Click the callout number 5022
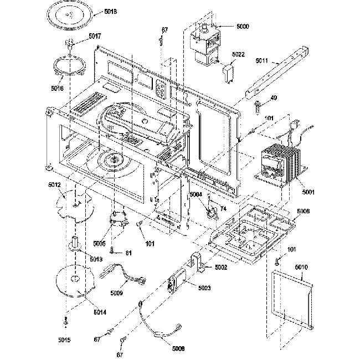coord(239,54)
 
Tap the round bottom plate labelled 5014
coord(75,285)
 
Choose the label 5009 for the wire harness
coord(116,292)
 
